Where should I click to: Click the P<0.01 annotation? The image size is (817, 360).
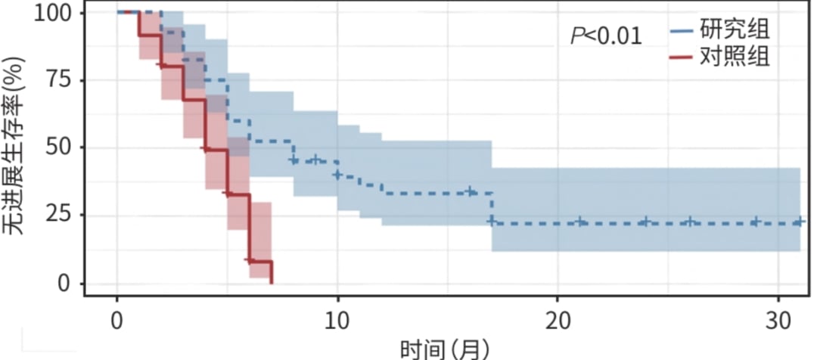pyautogui.click(x=607, y=36)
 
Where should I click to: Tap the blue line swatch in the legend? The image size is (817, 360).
pyautogui.click(x=682, y=32)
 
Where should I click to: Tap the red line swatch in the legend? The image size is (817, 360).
pyautogui.click(x=682, y=57)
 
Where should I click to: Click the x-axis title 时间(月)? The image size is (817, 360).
pyautogui.click(x=445, y=349)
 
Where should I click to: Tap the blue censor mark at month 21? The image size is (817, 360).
pyautogui.click(x=579, y=222)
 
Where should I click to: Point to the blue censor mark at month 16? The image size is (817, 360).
pyautogui.click(x=470, y=192)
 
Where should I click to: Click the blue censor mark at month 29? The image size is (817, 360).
pyautogui.click(x=755, y=222)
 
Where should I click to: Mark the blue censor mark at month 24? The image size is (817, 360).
pyautogui.click(x=645, y=222)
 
